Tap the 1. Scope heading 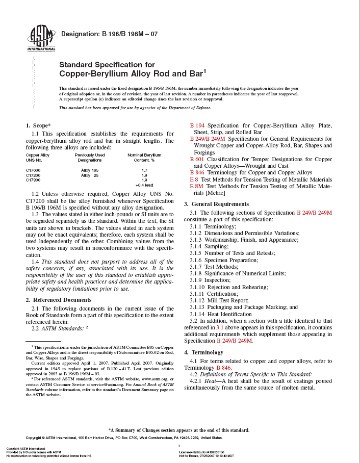point(38,125)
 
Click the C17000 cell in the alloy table point(33,170)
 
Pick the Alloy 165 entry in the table point(90,170)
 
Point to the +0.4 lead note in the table point(144,185)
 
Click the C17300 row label point(33,180)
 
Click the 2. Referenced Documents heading point(59,300)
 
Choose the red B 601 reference point(197,159)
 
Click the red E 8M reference point(196,187)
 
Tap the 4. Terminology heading point(203,352)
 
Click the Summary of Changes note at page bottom point(179,430)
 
